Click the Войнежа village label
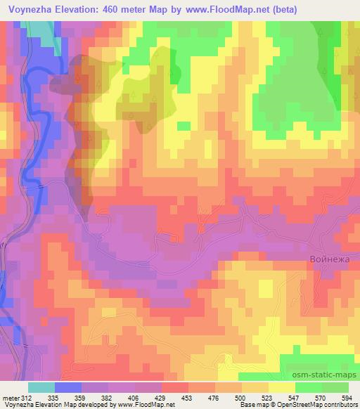point(330,259)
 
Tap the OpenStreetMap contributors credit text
point(318,405)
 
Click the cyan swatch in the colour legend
point(41,387)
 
